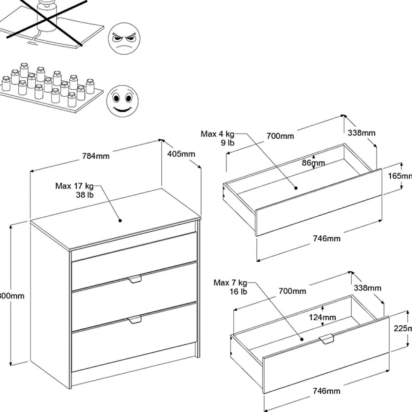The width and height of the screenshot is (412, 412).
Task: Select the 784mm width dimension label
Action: (x=96, y=156)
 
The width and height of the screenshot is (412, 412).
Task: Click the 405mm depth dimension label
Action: (x=181, y=154)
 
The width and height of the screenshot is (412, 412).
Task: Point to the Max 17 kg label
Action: (x=74, y=186)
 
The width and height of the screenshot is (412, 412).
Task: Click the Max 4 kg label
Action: (x=217, y=134)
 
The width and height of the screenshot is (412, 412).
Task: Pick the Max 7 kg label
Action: (x=231, y=283)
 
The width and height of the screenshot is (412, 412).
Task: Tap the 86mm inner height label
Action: (x=313, y=163)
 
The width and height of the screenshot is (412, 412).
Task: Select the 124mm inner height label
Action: (x=322, y=317)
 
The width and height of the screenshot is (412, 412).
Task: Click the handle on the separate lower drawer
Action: (x=327, y=339)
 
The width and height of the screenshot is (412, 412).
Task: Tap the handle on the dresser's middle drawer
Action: (x=135, y=279)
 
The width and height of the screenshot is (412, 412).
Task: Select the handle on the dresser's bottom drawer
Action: (x=135, y=320)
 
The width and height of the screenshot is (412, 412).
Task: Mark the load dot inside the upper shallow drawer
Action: (x=296, y=187)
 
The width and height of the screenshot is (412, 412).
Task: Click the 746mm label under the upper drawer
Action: (x=327, y=239)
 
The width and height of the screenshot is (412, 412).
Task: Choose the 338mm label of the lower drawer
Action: (x=367, y=288)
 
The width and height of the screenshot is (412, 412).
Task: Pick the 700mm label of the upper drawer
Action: (x=280, y=136)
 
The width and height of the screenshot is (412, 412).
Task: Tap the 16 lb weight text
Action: (x=239, y=292)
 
